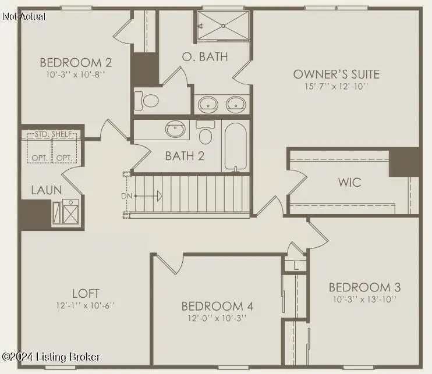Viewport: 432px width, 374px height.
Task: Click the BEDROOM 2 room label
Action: (x=76, y=62)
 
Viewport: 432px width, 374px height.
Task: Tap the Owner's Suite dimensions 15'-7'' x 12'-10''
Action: (x=336, y=87)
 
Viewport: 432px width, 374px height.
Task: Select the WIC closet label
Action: (x=350, y=183)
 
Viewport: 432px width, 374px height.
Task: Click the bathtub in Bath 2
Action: (x=235, y=147)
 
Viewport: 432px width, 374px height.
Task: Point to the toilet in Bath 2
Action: (x=206, y=132)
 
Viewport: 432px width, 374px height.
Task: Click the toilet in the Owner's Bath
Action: (x=147, y=101)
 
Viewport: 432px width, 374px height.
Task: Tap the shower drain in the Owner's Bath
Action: (x=224, y=26)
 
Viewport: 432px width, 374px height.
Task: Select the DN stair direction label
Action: (x=126, y=196)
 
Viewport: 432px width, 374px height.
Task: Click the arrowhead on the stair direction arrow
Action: (x=160, y=196)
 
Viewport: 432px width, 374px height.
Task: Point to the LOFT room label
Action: (x=86, y=293)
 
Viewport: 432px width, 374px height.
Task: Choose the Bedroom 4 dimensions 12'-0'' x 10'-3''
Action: (x=217, y=318)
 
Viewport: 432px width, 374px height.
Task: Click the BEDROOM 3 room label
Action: (x=365, y=287)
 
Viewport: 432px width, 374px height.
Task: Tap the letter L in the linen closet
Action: (x=296, y=266)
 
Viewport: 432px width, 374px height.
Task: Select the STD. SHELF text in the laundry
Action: (x=54, y=134)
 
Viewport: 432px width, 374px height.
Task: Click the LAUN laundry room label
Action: (x=47, y=190)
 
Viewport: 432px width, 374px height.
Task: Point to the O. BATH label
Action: (x=205, y=56)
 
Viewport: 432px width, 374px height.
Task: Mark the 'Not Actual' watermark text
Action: (x=24, y=16)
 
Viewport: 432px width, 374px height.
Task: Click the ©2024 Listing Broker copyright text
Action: (x=51, y=357)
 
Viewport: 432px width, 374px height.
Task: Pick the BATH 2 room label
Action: (x=185, y=156)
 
